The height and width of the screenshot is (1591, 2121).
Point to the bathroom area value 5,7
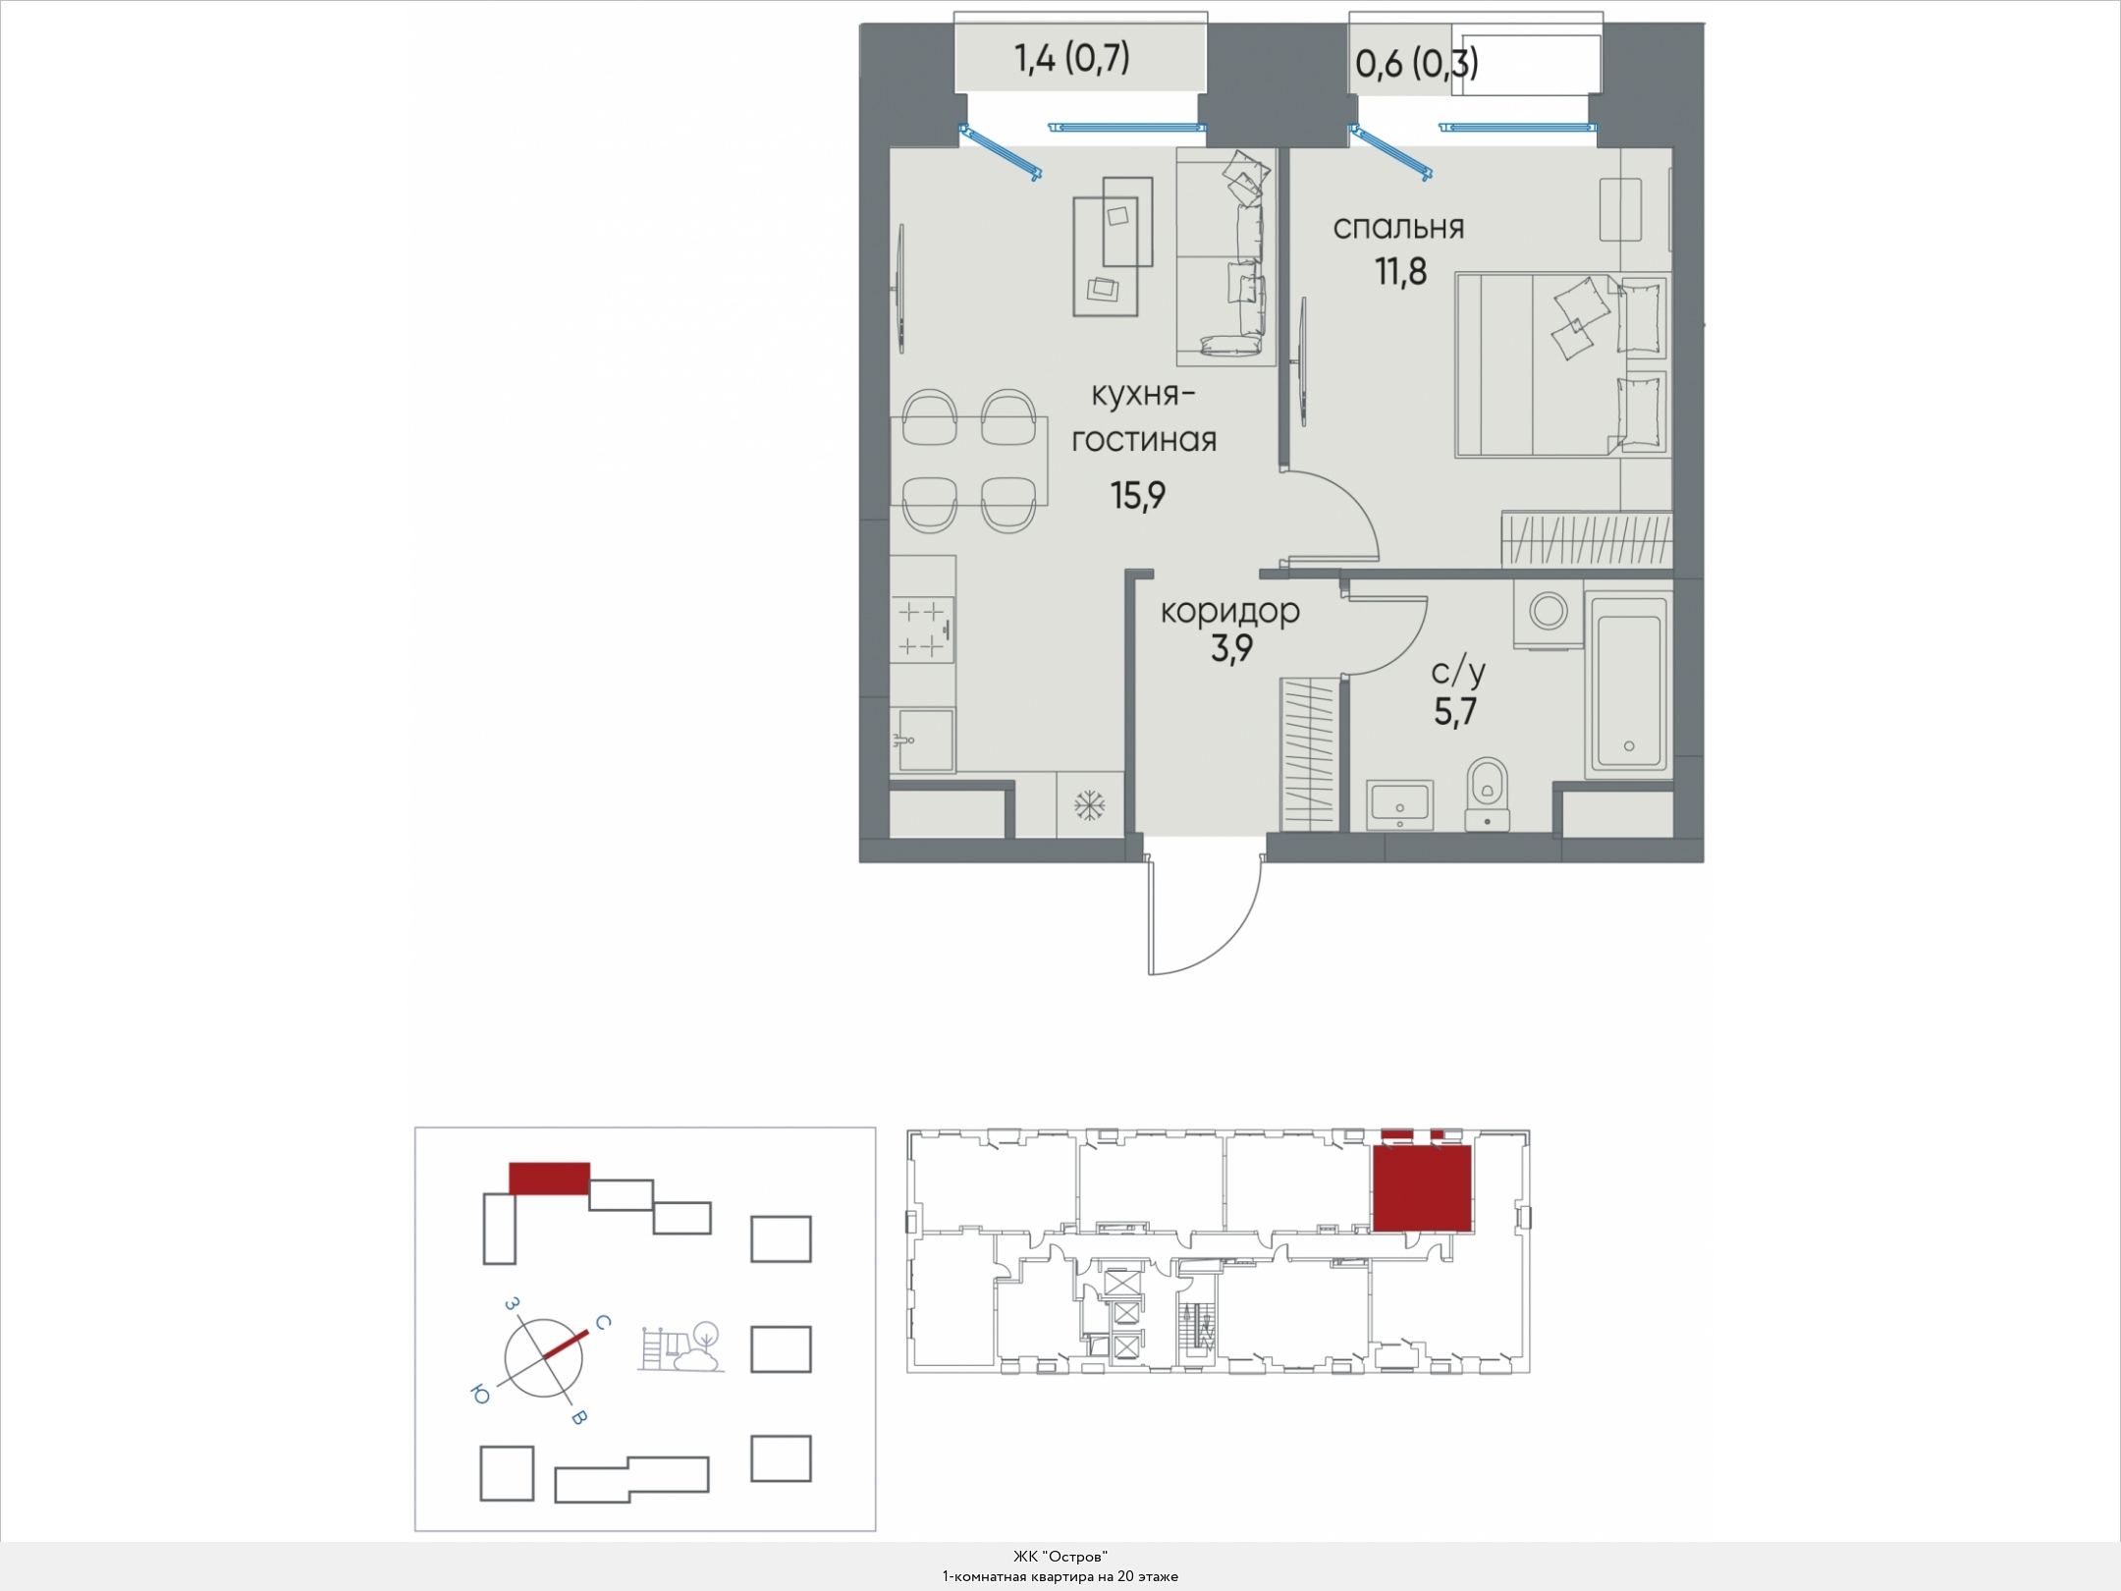coord(1455,711)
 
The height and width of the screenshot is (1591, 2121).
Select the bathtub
coord(1628,683)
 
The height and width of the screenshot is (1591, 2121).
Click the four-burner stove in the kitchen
coord(236,630)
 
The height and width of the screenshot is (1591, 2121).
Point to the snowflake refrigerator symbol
coord(1089,806)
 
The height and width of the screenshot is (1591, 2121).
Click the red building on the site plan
coord(549,1179)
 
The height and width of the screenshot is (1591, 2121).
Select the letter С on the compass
coord(604,1324)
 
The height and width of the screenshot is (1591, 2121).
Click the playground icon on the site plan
coord(681,1347)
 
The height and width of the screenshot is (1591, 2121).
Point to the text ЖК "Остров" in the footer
coord(1060,1557)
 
